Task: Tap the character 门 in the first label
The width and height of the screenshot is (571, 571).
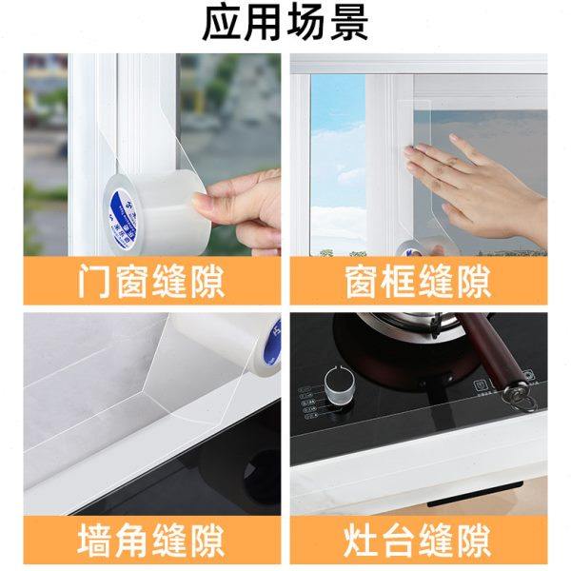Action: click(x=93, y=281)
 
